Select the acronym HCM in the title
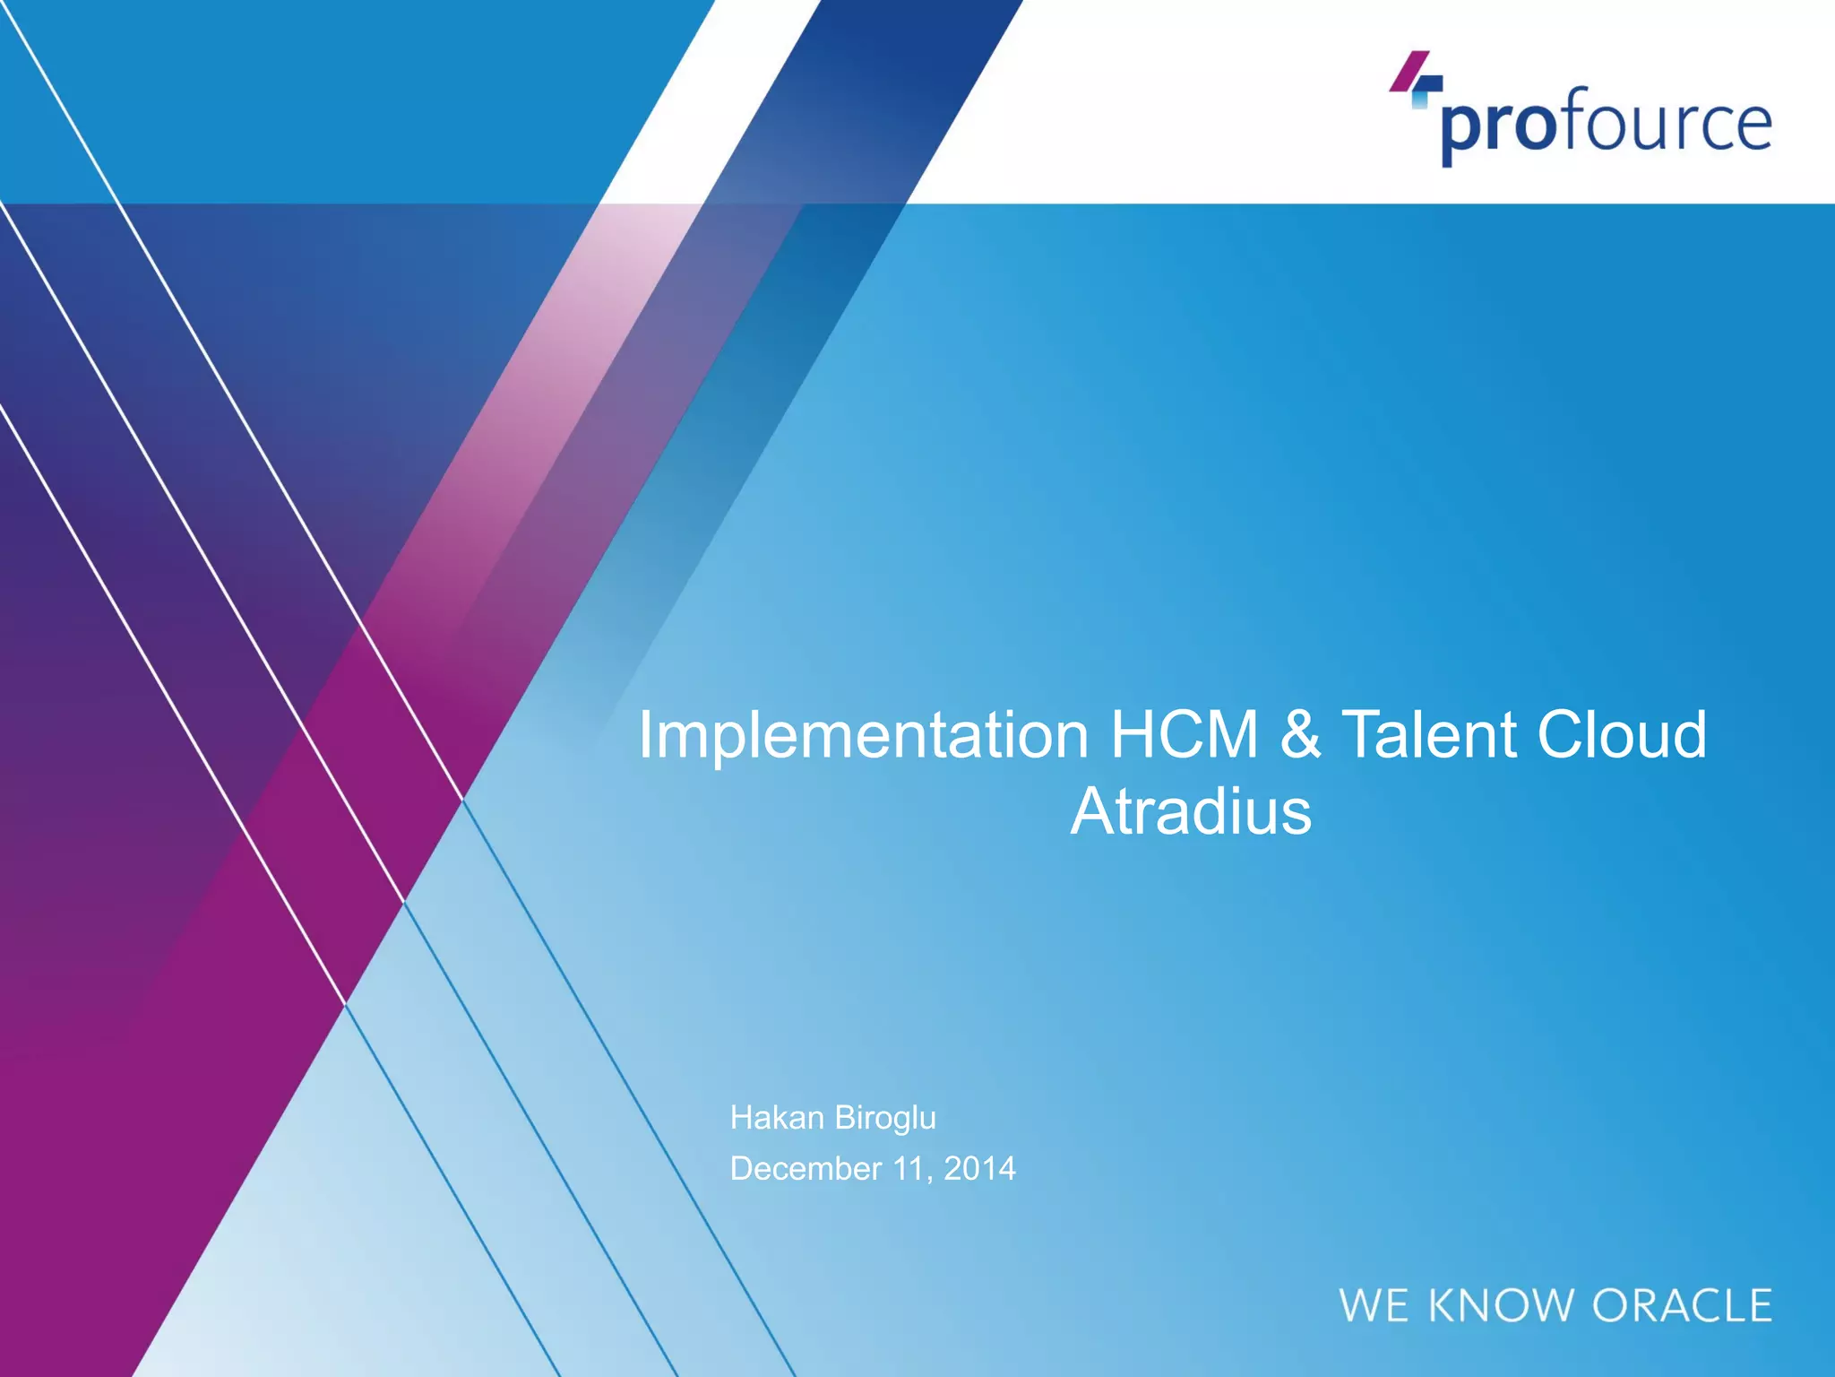pos(1185,735)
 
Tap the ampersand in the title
pos(1300,735)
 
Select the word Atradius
pos(1190,812)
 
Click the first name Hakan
pos(777,1118)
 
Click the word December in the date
pos(806,1169)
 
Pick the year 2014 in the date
pos(979,1169)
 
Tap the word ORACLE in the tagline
pos(1682,1306)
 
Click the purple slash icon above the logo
pos(1409,70)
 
